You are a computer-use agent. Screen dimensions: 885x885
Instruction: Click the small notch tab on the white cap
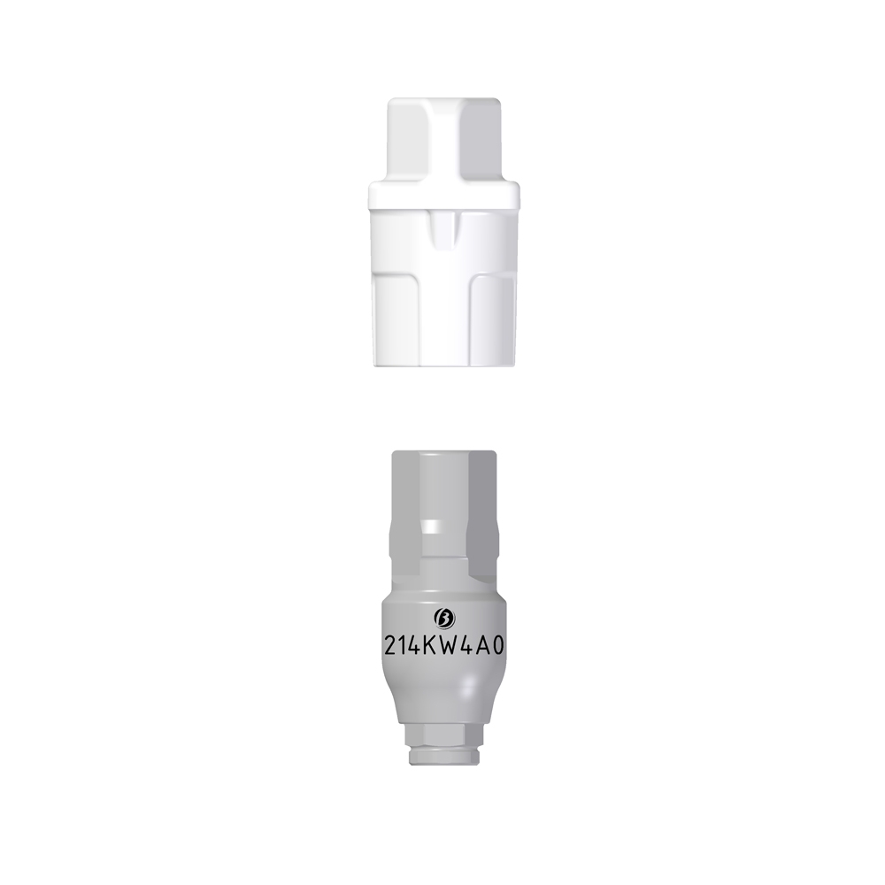coord(444,230)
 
